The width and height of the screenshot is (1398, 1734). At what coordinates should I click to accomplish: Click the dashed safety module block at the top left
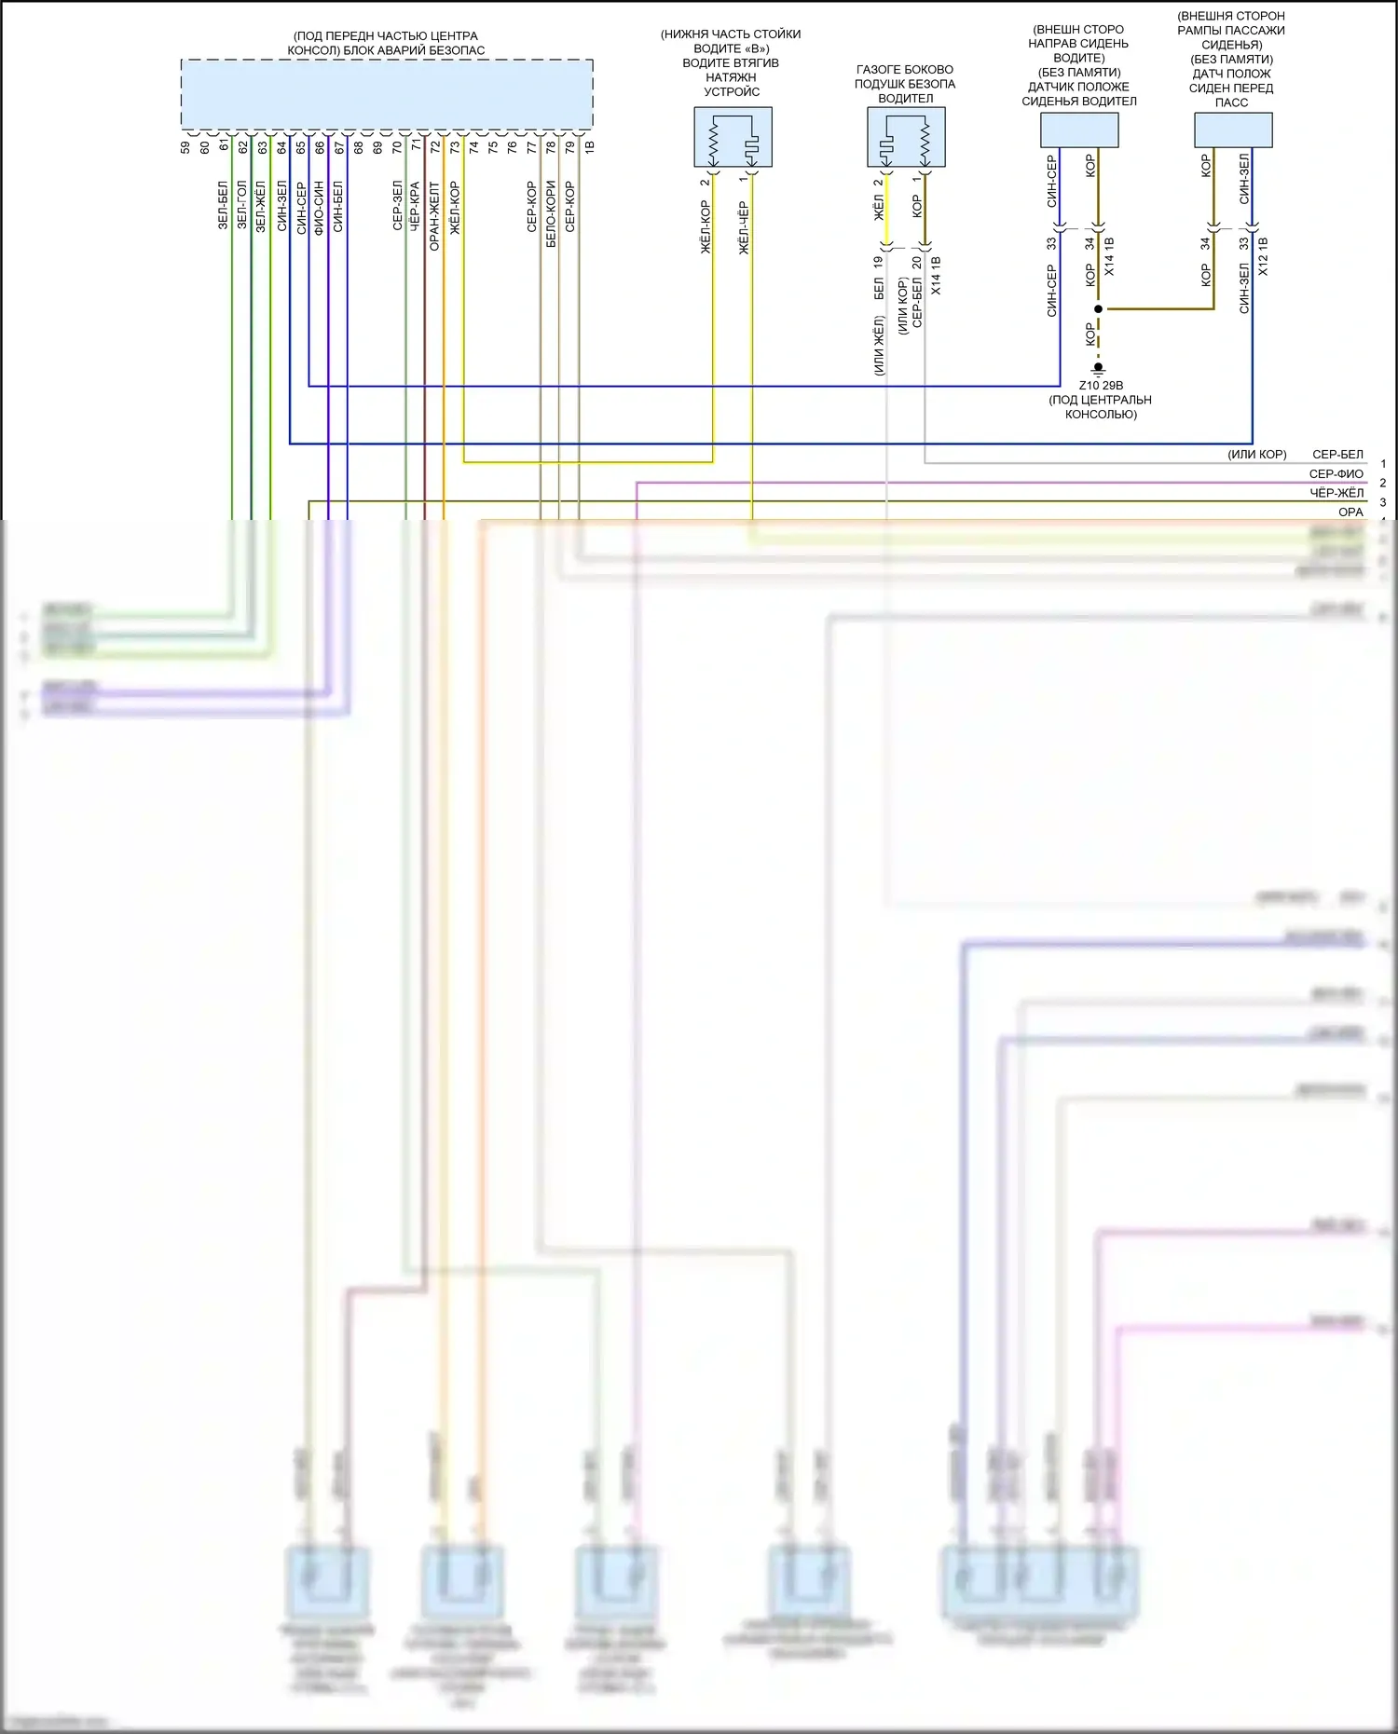click(387, 94)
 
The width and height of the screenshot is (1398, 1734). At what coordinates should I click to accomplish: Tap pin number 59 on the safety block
click(185, 147)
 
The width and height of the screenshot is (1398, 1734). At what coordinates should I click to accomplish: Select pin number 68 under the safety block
click(359, 147)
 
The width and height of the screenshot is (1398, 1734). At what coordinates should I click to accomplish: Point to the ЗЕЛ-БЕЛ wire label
click(223, 205)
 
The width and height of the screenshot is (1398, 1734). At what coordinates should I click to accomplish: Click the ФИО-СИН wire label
click(319, 207)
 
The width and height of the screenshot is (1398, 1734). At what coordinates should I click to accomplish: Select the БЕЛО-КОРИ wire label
click(551, 213)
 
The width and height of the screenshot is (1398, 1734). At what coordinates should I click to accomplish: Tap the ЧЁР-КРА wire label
click(415, 205)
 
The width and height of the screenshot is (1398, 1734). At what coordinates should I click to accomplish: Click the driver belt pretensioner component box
click(733, 137)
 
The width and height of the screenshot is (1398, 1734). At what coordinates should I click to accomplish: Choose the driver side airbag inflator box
click(906, 137)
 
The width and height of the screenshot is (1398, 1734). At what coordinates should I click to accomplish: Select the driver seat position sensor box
click(1079, 130)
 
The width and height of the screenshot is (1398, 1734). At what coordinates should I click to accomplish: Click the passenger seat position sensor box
click(1233, 130)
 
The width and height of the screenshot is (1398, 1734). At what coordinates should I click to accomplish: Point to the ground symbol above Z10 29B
click(1099, 368)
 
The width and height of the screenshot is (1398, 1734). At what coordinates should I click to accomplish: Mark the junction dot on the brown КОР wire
click(1099, 308)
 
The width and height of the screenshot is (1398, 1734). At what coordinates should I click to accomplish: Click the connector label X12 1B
click(1264, 256)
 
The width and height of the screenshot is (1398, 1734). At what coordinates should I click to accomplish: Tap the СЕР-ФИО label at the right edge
click(1336, 473)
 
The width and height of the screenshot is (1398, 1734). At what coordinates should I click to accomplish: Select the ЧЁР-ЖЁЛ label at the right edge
click(1336, 493)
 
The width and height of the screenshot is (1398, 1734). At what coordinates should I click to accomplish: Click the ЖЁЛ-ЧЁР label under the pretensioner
click(744, 227)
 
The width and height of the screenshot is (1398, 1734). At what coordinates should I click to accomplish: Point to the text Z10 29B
click(1101, 386)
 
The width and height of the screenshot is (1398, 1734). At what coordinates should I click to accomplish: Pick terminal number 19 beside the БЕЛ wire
click(878, 263)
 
